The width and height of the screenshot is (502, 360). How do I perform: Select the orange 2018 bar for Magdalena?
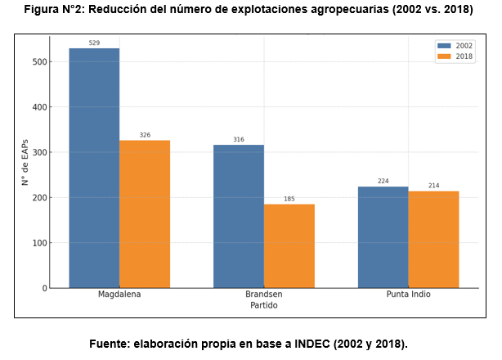click(x=145, y=214)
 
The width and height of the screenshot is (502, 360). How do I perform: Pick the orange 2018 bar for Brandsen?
click(x=289, y=245)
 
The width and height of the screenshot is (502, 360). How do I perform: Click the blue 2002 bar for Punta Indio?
click(x=383, y=237)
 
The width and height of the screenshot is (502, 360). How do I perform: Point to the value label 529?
click(x=94, y=43)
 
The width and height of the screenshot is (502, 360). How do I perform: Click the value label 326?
click(x=145, y=134)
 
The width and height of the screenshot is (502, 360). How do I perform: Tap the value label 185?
click(x=289, y=198)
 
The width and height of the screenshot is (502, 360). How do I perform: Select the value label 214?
click(x=433, y=186)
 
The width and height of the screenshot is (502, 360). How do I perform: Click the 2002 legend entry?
click(x=457, y=46)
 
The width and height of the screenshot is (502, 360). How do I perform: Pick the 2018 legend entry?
click(x=457, y=56)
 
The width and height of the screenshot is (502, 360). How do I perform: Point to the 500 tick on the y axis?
click(x=41, y=62)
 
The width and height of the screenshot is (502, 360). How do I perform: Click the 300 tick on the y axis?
click(x=41, y=153)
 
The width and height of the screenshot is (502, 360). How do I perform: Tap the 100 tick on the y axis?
click(x=41, y=243)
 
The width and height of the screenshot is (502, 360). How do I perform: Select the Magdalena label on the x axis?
click(x=119, y=295)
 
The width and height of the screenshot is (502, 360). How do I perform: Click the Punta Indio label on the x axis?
click(x=408, y=295)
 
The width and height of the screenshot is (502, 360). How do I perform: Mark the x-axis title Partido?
click(x=263, y=305)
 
